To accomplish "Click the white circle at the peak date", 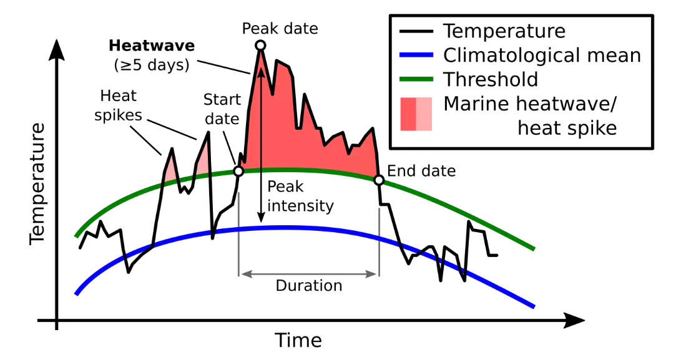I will pos(260,45).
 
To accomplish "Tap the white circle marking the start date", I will pos(238,171).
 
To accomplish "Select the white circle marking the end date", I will pos(378,180).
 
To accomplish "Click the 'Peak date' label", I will pos(280,29).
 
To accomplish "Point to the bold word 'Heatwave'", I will pos(152,46).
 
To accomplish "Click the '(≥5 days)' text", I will pos(152,64).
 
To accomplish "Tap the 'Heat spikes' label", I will pos(118,105).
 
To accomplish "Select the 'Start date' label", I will pos(221,109).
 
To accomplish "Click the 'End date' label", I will pos(421,171).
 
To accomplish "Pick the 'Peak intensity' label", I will pos(300,196).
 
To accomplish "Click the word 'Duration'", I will pos(309,286).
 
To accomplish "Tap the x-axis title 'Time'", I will pos(298,340).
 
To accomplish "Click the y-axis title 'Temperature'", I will pos(37,182).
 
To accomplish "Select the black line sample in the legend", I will pos(415,31).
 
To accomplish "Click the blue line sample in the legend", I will pos(415,56).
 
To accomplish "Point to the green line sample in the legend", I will pos(415,79).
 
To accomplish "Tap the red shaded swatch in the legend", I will pos(415,114).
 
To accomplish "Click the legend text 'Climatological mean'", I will pos(542,56).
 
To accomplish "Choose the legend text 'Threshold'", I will pos(490,79).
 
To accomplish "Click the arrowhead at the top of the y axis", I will pos(57,48).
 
